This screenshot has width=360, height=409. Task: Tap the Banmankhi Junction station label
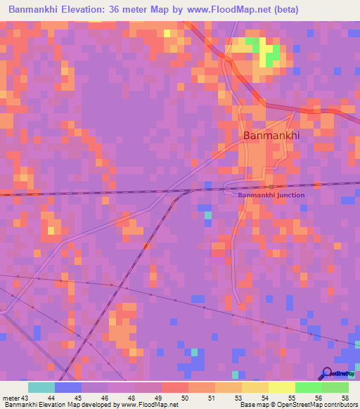point(271,195)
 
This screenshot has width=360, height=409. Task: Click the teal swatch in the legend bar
point(41,388)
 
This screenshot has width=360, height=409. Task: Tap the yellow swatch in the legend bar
point(281,388)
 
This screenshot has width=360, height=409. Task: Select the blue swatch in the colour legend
point(68,388)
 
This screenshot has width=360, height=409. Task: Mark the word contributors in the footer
point(340,404)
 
